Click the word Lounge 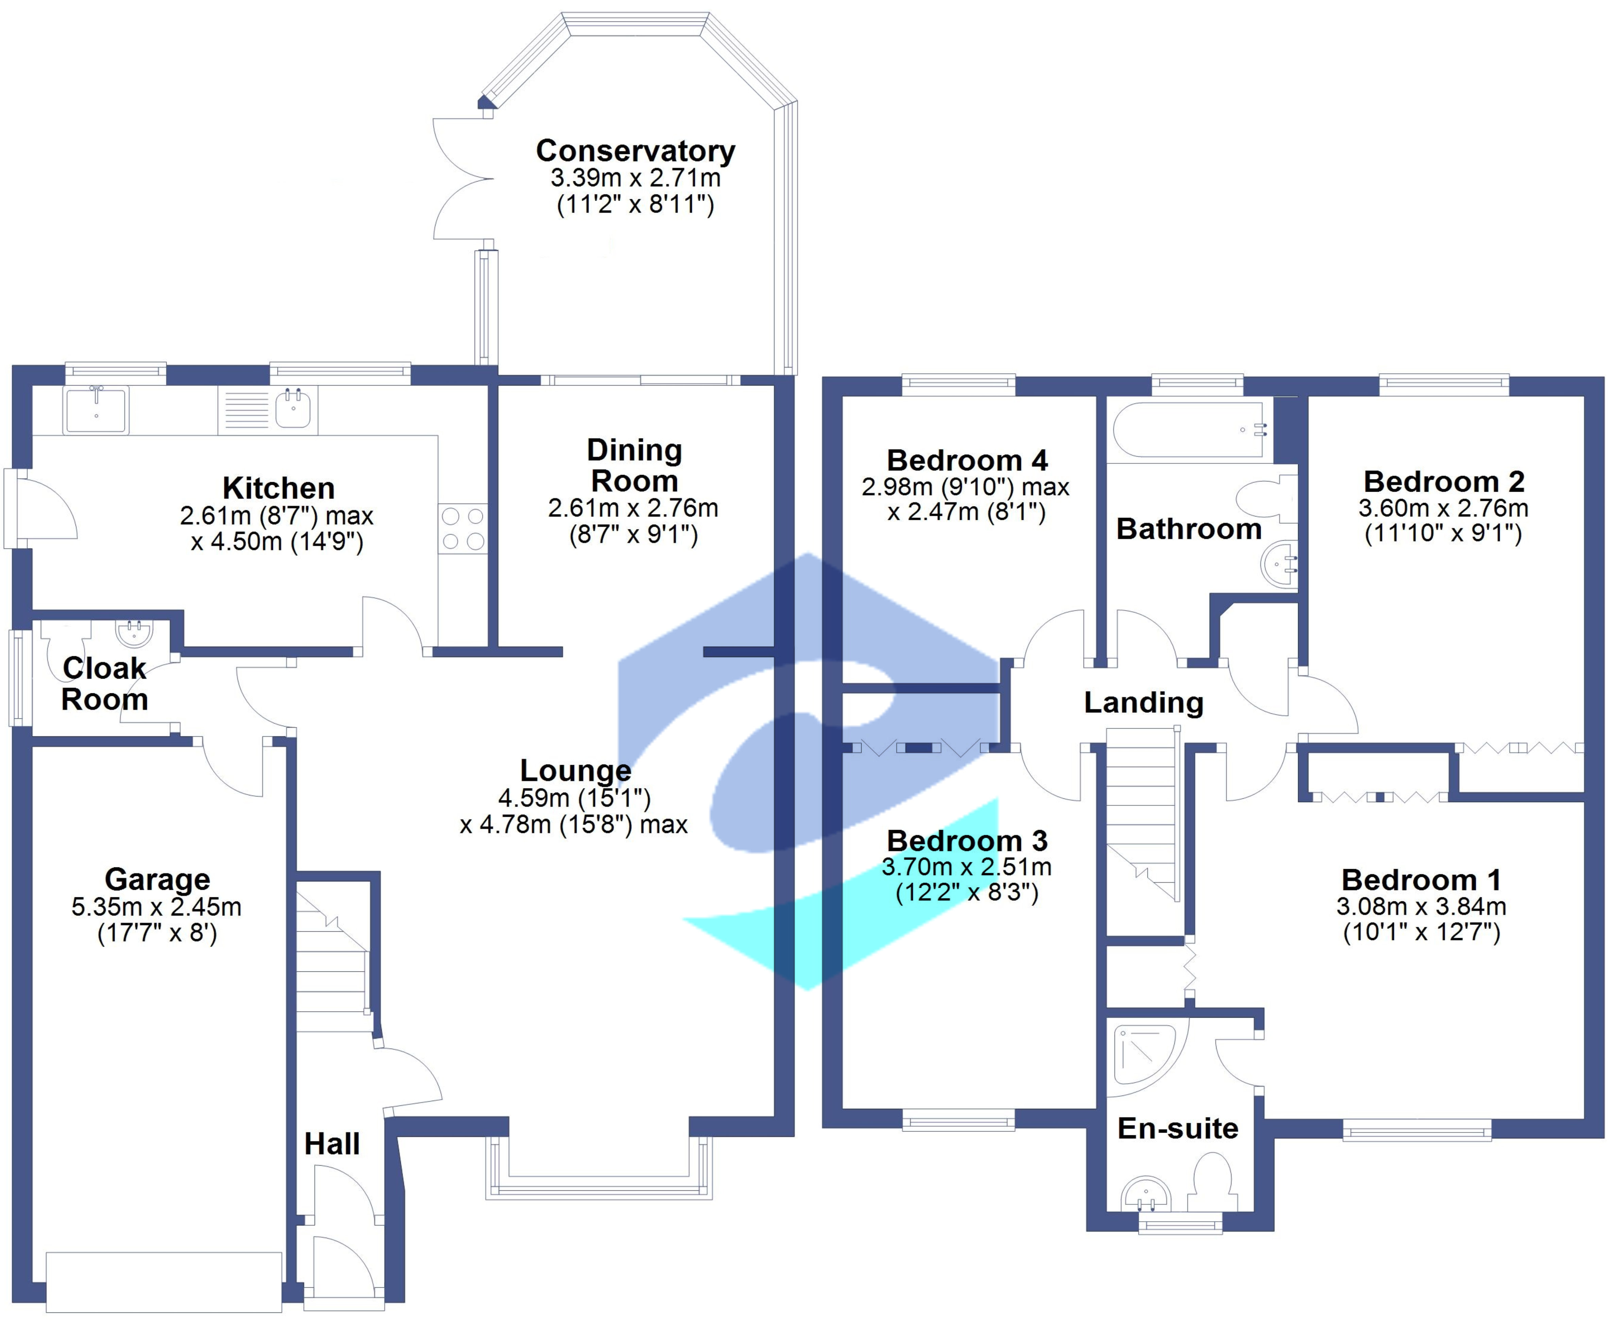coord(575,770)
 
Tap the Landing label coord(1143,702)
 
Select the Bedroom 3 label coord(966,841)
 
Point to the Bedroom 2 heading coord(1444,482)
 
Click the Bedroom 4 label coord(966,460)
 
